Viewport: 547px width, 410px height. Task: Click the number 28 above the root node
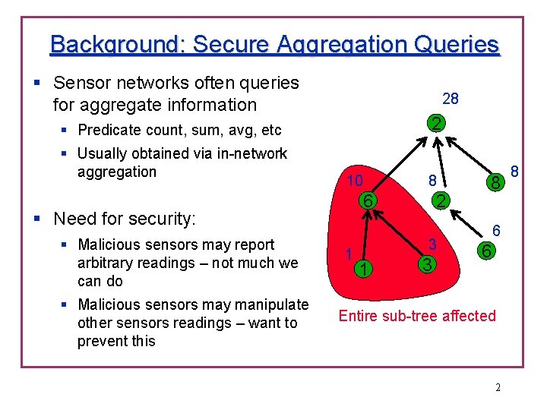pos(451,99)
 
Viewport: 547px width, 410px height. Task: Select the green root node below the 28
pos(435,125)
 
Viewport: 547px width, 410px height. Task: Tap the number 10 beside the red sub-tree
pos(354,181)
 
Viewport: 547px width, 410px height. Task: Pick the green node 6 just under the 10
pos(366,201)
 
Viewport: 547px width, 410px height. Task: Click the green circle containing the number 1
pos(365,269)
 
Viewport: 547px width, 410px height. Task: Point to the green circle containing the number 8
pos(495,182)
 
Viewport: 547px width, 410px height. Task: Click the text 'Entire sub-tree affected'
pos(417,316)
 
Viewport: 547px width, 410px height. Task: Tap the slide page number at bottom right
pos(498,388)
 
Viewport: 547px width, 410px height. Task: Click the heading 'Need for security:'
pos(125,219)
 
